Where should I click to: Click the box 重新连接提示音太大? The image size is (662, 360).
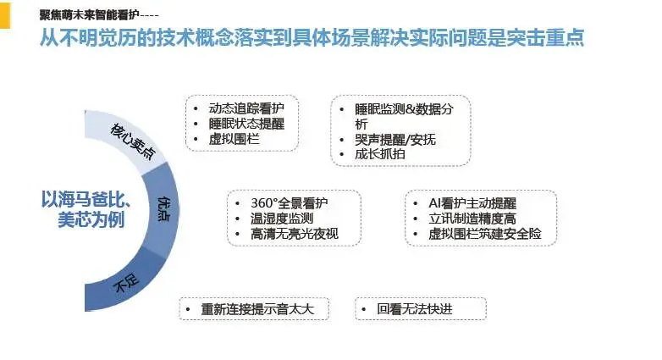(253, 309)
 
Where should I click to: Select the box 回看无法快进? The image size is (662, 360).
(420, 309)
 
